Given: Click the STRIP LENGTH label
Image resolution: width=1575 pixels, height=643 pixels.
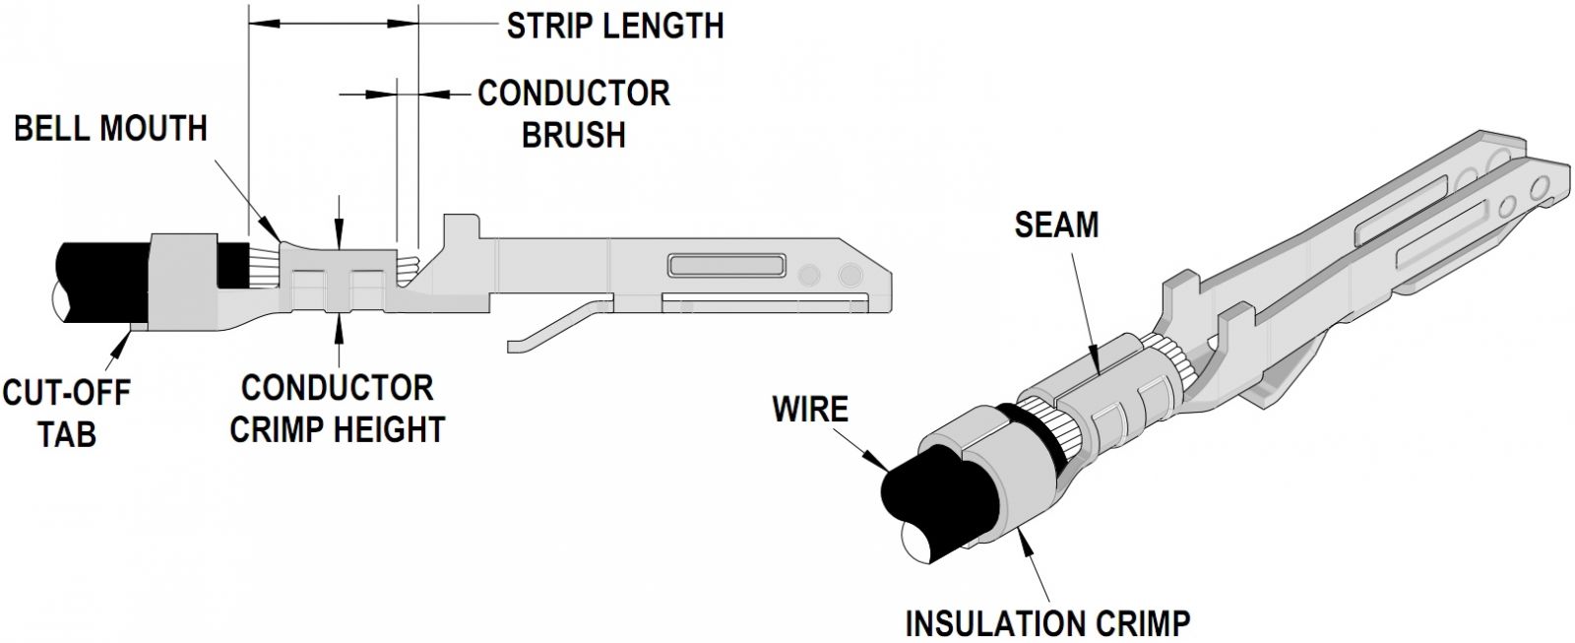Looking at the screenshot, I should tap(615, 25).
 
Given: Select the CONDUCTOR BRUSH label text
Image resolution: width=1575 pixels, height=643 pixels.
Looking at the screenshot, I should tap(574, 113).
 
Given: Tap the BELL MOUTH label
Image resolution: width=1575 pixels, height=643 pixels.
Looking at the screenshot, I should tap(110, 128).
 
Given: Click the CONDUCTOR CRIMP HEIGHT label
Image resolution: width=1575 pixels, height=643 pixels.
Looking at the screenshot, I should tap(337, 408).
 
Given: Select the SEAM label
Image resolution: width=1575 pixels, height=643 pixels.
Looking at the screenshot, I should tap(1056, 225).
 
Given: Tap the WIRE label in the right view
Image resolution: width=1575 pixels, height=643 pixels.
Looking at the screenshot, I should tap(810, 408).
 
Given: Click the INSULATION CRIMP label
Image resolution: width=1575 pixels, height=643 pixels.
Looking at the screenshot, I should tap(1047, 622).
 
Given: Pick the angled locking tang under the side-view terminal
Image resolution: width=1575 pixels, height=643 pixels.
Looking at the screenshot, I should tap(556, 324).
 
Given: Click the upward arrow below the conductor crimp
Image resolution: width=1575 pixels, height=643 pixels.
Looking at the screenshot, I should tap(338, 324).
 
